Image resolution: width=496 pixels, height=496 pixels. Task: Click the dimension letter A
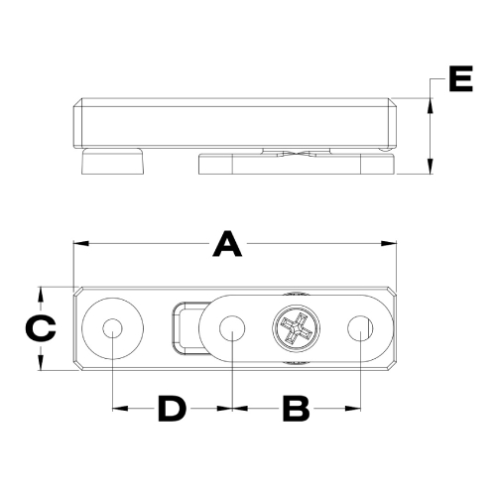(x=227, y=244)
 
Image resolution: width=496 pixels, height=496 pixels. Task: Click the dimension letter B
(x=296, y=409)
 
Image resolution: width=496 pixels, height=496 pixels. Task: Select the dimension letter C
(x=41, y=328)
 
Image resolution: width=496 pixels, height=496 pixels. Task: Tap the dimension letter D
(x=172, y=409)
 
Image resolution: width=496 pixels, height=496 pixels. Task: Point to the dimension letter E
(x=460, y=78)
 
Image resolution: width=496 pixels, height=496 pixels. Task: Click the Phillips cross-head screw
(x=297, y=327)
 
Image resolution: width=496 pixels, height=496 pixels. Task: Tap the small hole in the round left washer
(x=112, y=328)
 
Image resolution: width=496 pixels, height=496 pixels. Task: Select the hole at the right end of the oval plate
(x=360, y=328)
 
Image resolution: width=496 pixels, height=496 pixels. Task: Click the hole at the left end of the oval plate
(x=232, y=328)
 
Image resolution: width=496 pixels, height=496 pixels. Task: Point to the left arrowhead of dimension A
(x=80, y=244)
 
